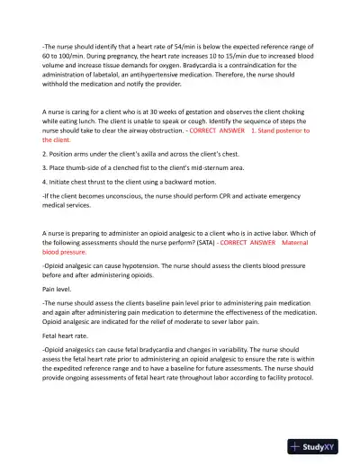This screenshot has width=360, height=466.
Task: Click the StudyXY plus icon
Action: tap(295, 447)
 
